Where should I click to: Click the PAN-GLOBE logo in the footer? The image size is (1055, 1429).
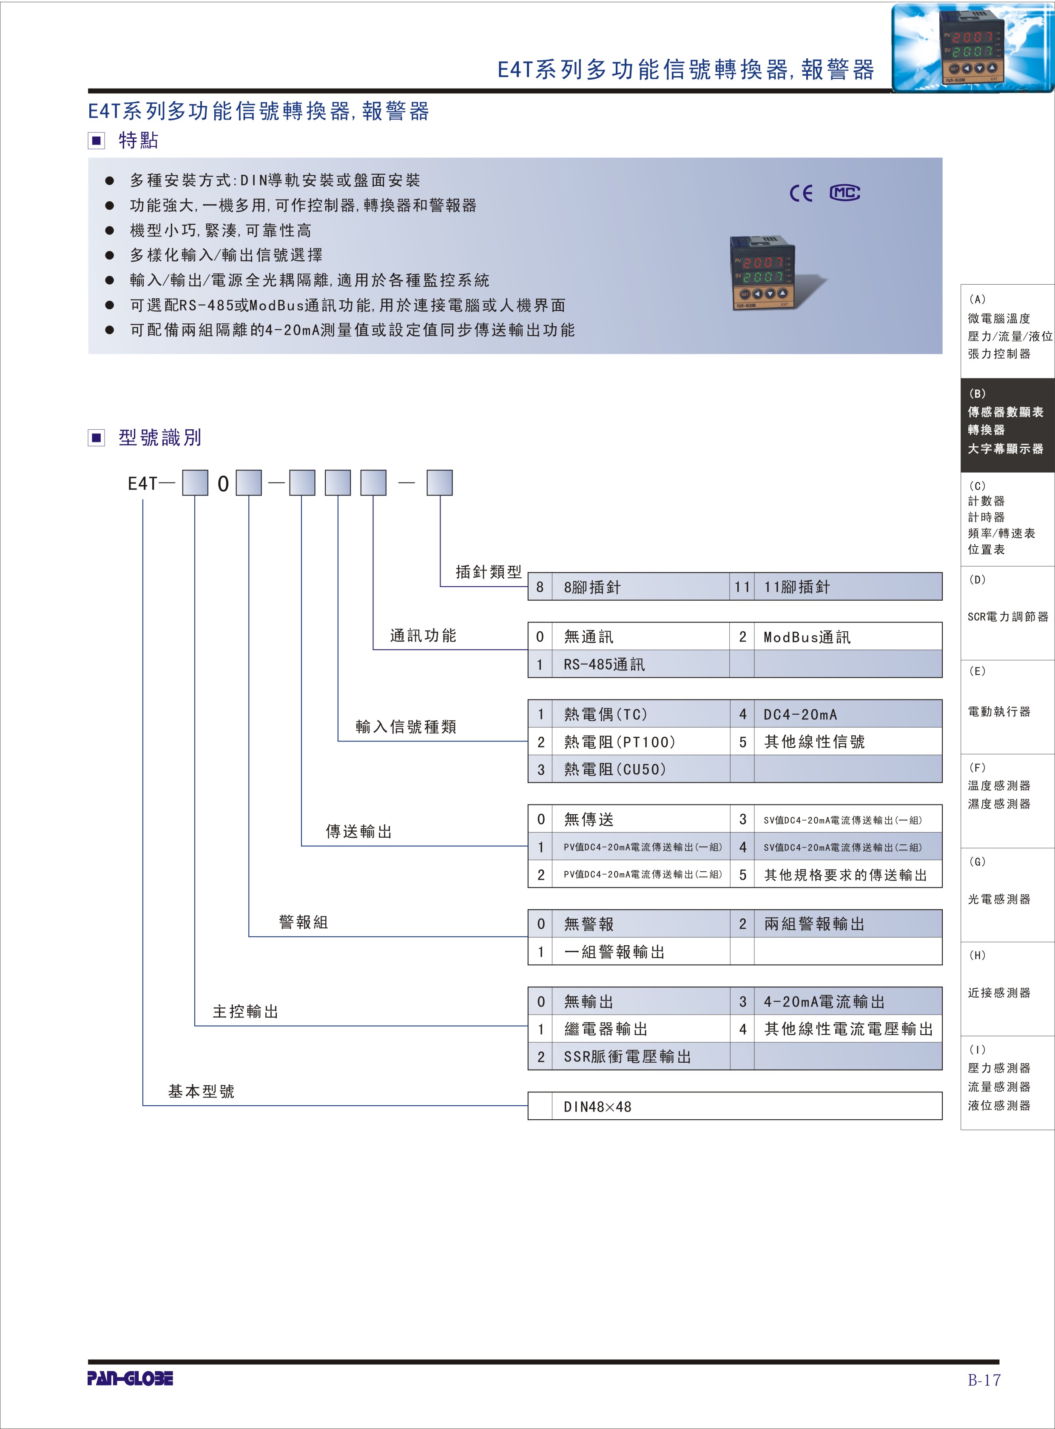point(130,1378)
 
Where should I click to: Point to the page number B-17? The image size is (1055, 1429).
point(984,1380)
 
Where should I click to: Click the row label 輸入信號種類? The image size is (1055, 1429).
point(406,726)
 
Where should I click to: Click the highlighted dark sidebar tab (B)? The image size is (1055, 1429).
point(1007,425)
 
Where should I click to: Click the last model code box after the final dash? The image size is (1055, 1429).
point(439,483)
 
